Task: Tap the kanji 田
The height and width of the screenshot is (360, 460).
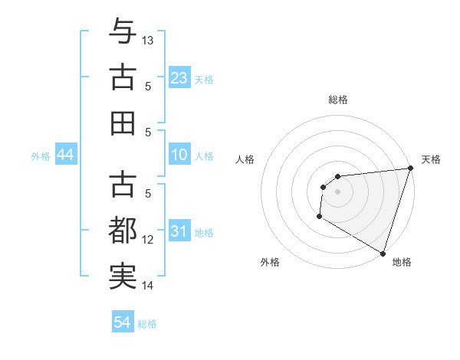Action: [x=123, y=123]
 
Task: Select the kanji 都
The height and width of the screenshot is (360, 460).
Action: [x=123, y=231]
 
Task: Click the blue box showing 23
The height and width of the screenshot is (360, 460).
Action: [x=179, y=78]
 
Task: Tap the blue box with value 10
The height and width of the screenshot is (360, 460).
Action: [x=179, y=155]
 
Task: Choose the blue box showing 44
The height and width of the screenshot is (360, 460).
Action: [x=66, y=155]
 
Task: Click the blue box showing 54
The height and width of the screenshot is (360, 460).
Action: [x=123, y=322]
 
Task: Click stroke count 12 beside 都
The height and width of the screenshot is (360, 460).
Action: [x=149, y=240]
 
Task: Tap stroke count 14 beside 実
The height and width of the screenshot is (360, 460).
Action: [x=149, y=286]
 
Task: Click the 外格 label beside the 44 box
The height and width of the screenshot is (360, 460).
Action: [x=41, y=156]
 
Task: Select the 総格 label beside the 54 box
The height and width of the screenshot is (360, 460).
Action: [x=147, y=324]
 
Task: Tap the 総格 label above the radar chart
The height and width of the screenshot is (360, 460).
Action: [x=337, y=100]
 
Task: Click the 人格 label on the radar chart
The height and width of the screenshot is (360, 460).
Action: [x=245, y=159]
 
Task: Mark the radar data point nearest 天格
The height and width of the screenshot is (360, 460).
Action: [x=410, y=169]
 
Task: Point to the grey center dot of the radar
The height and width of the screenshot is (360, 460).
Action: [x=337, y=191]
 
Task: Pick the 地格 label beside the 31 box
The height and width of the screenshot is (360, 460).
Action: [x=205, y=233]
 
